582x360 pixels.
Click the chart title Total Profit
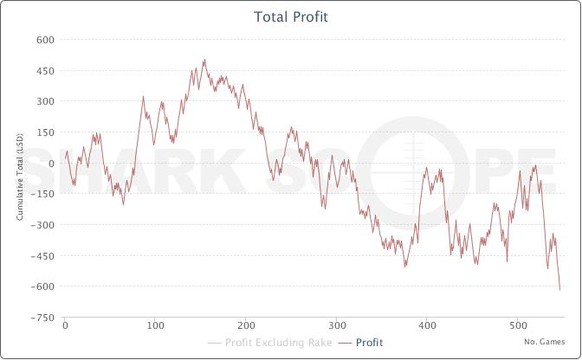291,16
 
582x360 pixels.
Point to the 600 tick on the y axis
45,40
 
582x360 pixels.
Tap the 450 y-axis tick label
45,71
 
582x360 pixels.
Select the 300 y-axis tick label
45,101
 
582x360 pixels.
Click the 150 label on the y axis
45,132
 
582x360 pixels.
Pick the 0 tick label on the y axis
51,164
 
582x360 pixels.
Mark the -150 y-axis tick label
43,194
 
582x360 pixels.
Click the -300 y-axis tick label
43,225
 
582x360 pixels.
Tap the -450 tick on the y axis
43,255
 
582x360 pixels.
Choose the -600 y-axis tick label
43,286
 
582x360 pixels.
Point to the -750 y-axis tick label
43,318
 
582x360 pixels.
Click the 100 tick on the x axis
155,326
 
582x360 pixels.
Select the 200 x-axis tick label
246,326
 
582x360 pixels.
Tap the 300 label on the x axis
336,326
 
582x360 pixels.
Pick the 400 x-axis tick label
427,326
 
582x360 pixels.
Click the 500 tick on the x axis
517,326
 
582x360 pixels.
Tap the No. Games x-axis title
545,341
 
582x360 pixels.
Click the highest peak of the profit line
204,60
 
